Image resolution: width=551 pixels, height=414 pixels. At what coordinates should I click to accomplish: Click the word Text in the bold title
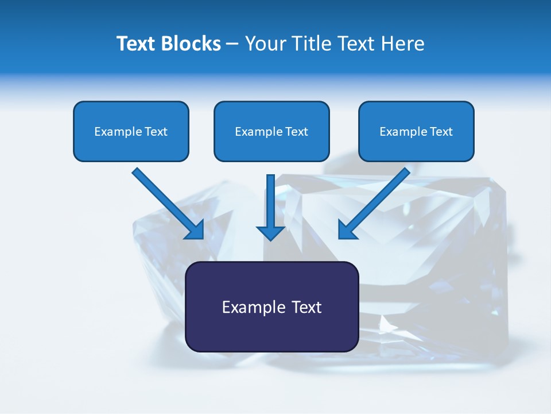click(x=137, y=44)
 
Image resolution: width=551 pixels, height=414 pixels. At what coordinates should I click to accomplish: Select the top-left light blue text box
click(x=131, y=131)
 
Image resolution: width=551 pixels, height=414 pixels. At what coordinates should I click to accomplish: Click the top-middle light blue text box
click(x=271, y=131)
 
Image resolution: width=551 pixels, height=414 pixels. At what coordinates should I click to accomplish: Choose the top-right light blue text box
click(x=416, y=131)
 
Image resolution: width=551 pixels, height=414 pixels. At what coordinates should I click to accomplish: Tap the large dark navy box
click(x=271, y=306)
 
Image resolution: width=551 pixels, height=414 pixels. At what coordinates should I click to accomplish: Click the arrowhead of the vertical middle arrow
click(x=270, y=232)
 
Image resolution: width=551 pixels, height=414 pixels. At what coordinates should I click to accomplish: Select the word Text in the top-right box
click(x=441, y=132)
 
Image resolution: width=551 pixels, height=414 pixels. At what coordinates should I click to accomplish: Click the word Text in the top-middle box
click(x=297, y=132)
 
